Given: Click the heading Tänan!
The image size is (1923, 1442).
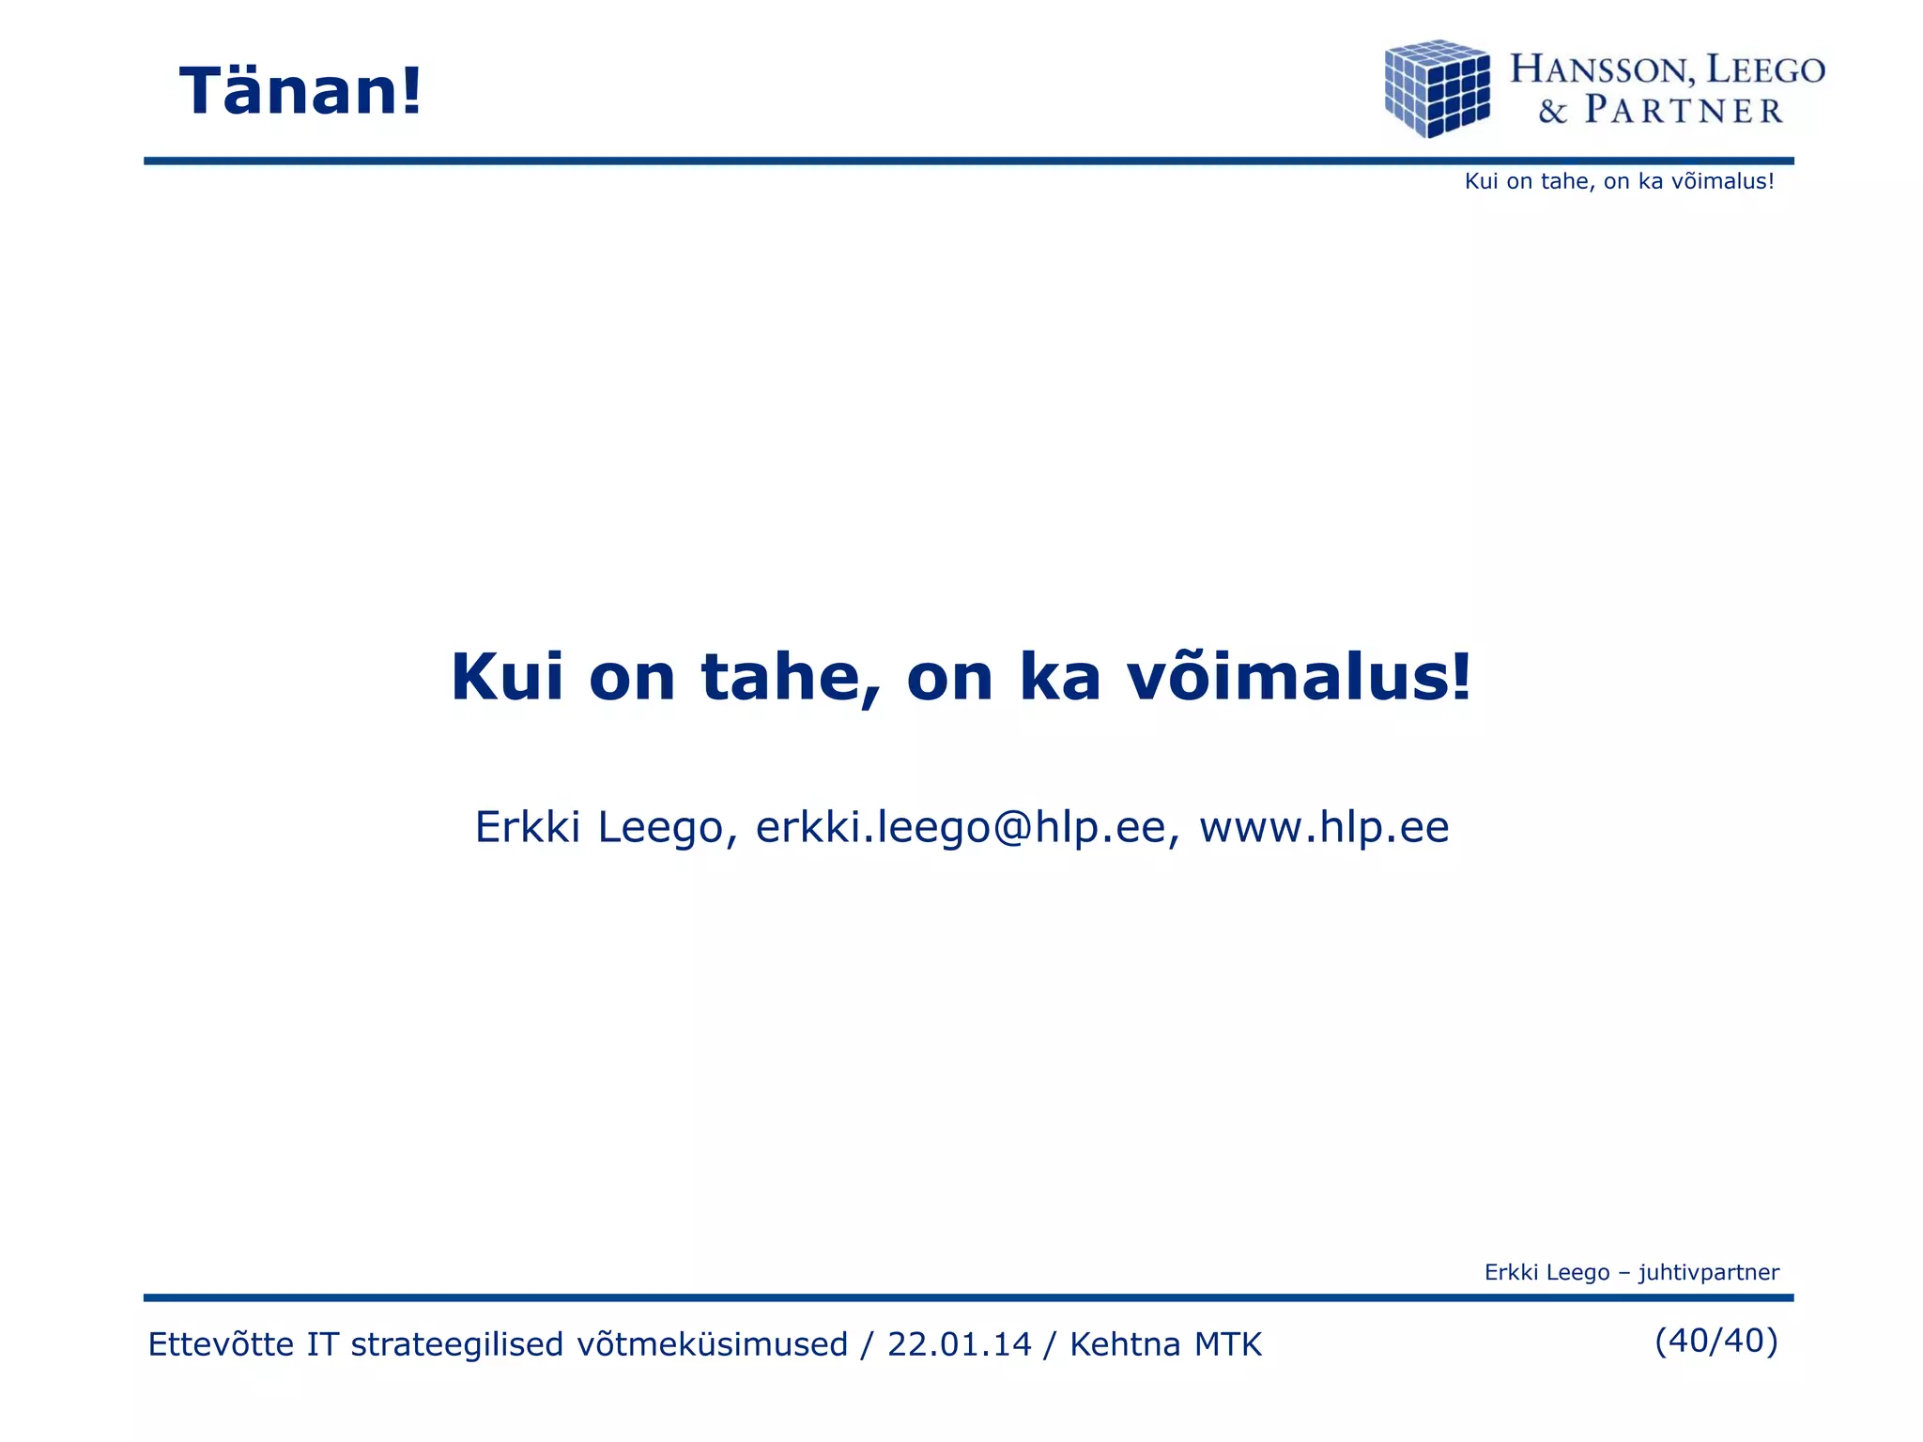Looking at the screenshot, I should point(300,92).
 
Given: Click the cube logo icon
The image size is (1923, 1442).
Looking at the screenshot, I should point(1437,88).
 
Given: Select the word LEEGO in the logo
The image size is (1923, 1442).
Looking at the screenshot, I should point(1765,69).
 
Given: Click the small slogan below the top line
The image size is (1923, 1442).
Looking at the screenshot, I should point(1619,181).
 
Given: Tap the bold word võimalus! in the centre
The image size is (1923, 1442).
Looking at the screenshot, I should point(1299,677).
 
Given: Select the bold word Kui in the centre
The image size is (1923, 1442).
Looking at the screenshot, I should point(507,677).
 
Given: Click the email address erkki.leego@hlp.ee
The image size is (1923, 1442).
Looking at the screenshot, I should point(961,827).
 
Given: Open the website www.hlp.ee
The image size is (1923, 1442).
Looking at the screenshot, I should point(1324,827).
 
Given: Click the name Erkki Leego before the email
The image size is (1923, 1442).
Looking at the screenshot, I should point(599,827).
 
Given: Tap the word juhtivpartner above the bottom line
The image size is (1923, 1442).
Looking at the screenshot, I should point(1709,1272).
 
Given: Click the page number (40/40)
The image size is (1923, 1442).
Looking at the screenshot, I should point(1716,1341).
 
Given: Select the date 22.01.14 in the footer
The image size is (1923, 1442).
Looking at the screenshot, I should point(959,1344).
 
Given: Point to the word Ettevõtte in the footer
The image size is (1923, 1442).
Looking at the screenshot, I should point(222,1344).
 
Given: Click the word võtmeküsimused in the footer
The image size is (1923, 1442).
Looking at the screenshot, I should point(712,1344).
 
